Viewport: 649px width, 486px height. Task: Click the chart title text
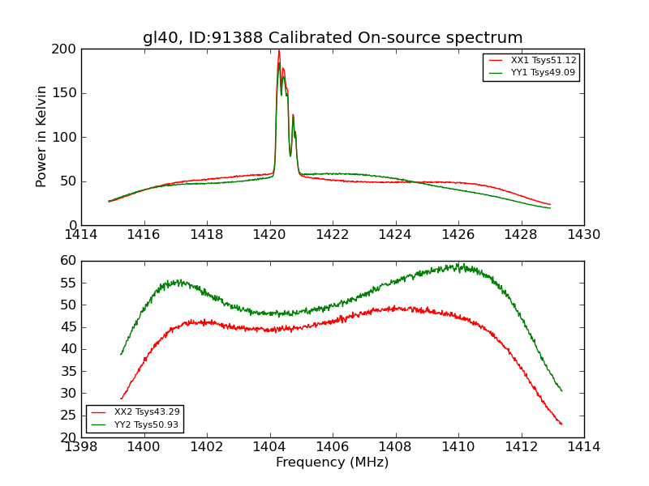pos(333,38)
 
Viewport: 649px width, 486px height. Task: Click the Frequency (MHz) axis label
pos(332,463)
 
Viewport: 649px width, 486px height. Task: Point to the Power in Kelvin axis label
pos(41,136)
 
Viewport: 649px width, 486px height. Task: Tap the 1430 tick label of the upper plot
pos(583,235)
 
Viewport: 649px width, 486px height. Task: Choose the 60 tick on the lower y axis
pos(69,261)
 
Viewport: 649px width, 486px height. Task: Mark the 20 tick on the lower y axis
pos(69,437)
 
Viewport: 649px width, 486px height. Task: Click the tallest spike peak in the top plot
pos(279,52)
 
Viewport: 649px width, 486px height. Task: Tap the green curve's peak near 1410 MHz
pos(458,264)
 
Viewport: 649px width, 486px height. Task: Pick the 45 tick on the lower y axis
pos(69,327)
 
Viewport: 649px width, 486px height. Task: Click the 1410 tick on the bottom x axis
pos(458,447)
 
